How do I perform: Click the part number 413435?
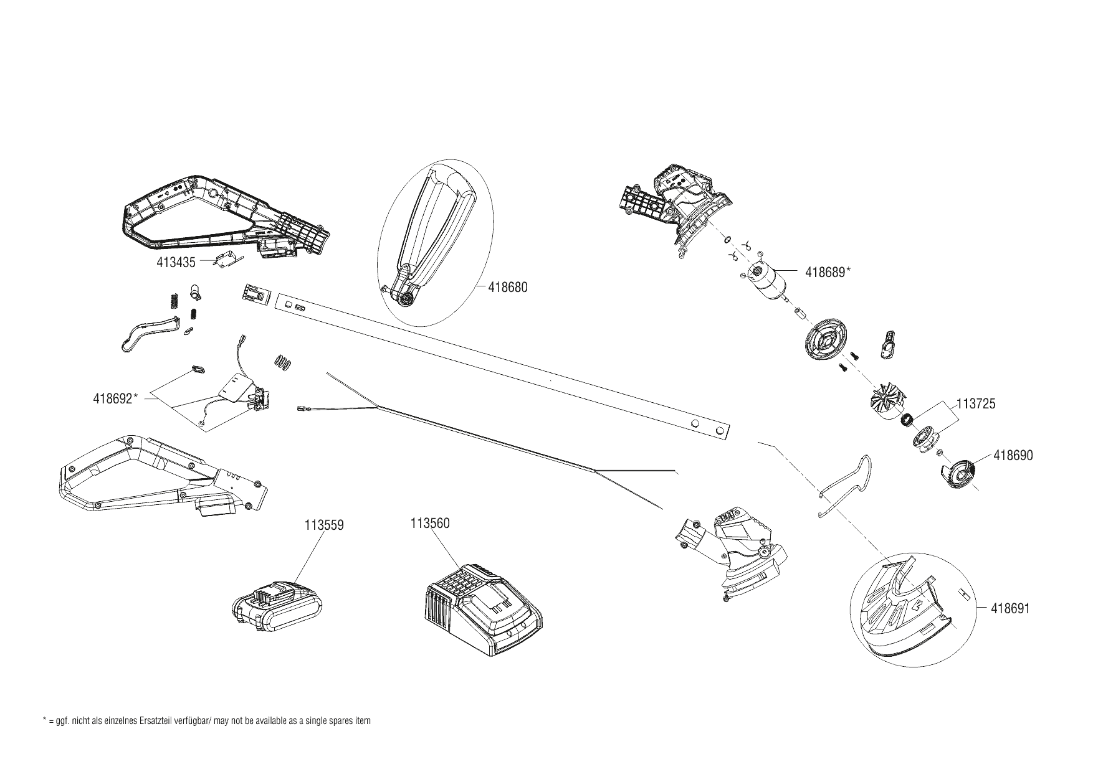[x=176, y=263]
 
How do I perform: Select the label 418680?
[x=508, y=288]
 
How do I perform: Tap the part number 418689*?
[x=828, y=272]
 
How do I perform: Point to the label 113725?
[x=976, y=403]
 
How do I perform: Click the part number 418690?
[x=1013, y=456]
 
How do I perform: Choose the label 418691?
[x=1010, y=608]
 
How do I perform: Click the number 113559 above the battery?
[x=324, y=525]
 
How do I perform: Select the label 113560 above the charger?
[x=430, y=524]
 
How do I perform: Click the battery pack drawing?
[x=278, y=604]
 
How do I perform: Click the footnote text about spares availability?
[x=206, y=722]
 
